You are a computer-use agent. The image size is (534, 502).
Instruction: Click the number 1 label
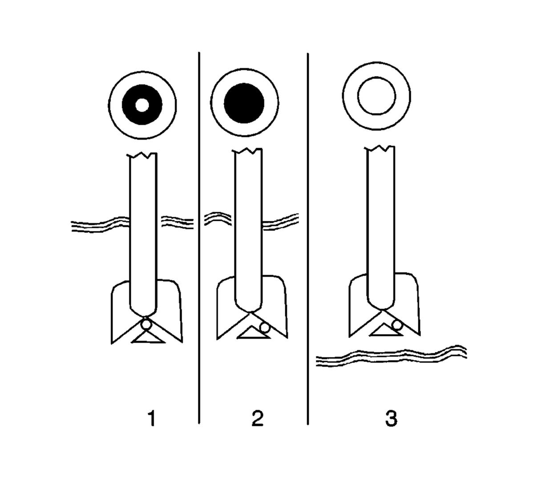pyautogui.click(x=153, y=419)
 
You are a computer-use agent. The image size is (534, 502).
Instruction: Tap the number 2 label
pyautogui.click(x=257, y=419)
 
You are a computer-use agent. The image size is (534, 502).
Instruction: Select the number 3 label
pyautogui.click(x=391, y=419)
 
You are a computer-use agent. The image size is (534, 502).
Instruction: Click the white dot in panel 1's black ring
pyautogui.click(x=142, y=105)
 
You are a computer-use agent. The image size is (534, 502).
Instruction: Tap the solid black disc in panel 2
pyautogui.click(x=244, y=103)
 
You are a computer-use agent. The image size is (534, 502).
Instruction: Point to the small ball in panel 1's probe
pyautogui.click(x=146, y=324)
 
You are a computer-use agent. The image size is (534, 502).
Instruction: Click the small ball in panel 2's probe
pyautogui.click(x=265, y=328)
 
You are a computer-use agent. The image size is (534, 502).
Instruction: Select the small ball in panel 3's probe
pyautogui.click(x=396, y=325)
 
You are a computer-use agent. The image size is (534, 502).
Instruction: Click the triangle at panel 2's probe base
pyautogui.click(x=254, y=332)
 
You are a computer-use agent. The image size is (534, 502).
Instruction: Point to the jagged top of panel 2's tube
pyautogui.click(x=247, y=150)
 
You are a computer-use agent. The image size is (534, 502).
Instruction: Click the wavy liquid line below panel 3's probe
pyautogui.click(x=391, y=355)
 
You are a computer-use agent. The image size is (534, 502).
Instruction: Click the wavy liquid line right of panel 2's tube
pyautogui.click(x=280, y=222)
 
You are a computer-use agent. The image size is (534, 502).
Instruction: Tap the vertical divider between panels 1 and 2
pyautogui.click(x=199, y=238)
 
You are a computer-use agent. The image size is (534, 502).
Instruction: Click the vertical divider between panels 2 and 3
pyautogui.click(x=308, y=239)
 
